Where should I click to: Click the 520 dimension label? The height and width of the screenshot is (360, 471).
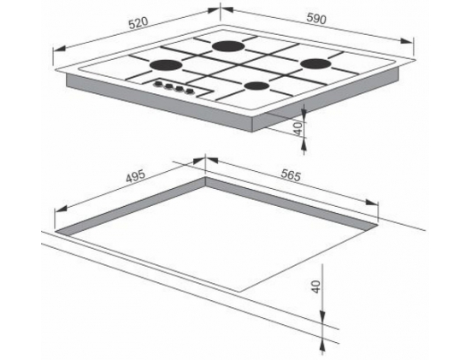tap(138, 23)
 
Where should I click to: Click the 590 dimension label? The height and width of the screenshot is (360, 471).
tap(316, 19)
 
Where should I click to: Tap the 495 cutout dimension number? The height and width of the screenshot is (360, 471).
tap(136, 176)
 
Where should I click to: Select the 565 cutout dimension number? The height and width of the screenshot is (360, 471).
tap(291, 175)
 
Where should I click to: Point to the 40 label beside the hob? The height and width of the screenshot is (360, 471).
tap(297, 128)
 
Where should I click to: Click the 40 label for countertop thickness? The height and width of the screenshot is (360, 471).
tap(315, 286)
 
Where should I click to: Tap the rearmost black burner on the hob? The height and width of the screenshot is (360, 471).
tap(228, 46)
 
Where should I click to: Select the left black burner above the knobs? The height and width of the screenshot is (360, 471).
tap(166, 65)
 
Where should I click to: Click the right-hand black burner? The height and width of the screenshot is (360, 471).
tap(315, 64)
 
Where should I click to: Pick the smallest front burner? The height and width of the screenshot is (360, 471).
tap(256, 86)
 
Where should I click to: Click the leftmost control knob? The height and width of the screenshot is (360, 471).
tap(157, 84)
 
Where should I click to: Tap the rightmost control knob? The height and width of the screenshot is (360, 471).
tap(189, 91)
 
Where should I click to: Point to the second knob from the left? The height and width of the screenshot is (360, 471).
tap(168, 86)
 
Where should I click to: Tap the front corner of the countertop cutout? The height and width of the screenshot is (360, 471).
tap(240, 292)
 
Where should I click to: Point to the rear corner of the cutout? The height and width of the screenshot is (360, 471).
tap(205, 177)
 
